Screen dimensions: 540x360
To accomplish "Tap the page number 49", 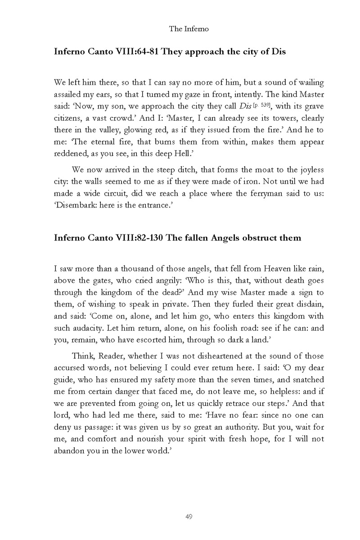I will tap(189, 517).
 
